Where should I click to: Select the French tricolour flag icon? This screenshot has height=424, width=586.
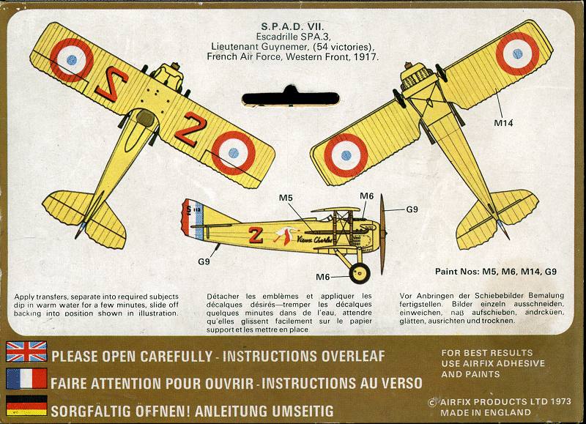pyautogui.click(x=26, y=379)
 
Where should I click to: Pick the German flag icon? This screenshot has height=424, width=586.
pyautogui.click(x=26, y=406)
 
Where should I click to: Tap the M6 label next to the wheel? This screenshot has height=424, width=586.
pyautogui.click(x=323, y=276)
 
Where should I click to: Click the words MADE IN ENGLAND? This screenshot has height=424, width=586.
pyautogui.click(x=486, y=411)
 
